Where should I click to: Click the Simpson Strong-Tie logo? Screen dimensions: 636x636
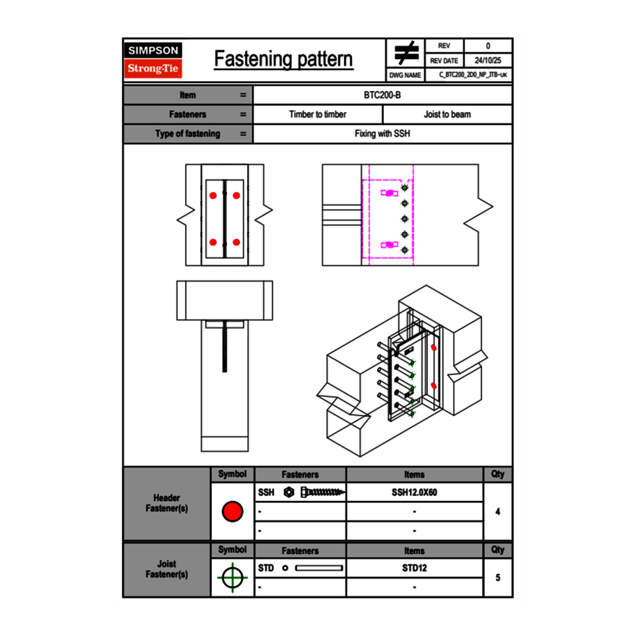pos(153,60)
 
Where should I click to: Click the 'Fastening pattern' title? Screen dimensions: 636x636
pos(283,59)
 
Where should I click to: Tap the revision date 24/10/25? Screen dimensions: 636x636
pos(488,61)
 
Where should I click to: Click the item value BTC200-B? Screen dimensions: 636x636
pos(383,95)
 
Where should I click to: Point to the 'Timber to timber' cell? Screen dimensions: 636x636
pos(318,114)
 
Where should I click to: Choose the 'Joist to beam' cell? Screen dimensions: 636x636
pos(447,114)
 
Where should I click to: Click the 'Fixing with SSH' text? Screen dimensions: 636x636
pos(382,134)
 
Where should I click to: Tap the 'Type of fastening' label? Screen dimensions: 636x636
pos(187,134)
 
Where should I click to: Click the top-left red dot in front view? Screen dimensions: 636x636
pos(213,196)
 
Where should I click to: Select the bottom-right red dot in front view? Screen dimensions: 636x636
pos(236,242)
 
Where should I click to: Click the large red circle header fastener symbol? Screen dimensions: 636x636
pos(232,512)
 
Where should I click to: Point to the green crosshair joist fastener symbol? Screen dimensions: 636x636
pos(232,577)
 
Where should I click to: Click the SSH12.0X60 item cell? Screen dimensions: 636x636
pos(414,492)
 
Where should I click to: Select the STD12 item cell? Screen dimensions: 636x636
pos(414,568)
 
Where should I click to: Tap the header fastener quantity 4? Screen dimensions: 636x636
pos(498,512)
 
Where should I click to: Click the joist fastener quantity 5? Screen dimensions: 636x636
pos(498,577)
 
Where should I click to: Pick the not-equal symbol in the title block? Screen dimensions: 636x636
pos(406,53)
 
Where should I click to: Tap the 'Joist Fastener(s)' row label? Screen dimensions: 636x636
pos(166,570)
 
